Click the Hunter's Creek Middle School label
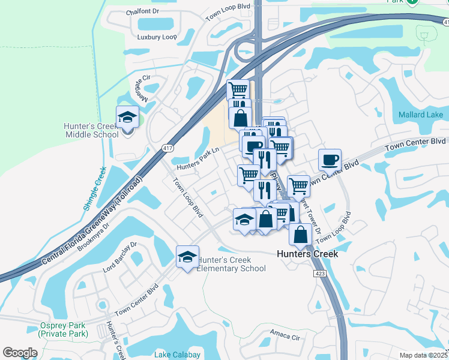(x=91, y=130)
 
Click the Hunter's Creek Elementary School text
(x=232, y=264)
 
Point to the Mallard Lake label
(x=421, y=115)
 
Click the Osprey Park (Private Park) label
(x=63, y=329)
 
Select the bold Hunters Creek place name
(x=307, y=254)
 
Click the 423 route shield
(x=320, y=273)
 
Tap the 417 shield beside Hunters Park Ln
(x=167, y=148)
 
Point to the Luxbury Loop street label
(x=157, y=37)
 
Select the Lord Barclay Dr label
(x=120, y=257)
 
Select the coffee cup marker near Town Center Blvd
(x=330, y=160)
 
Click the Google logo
(x=20, y=353)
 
